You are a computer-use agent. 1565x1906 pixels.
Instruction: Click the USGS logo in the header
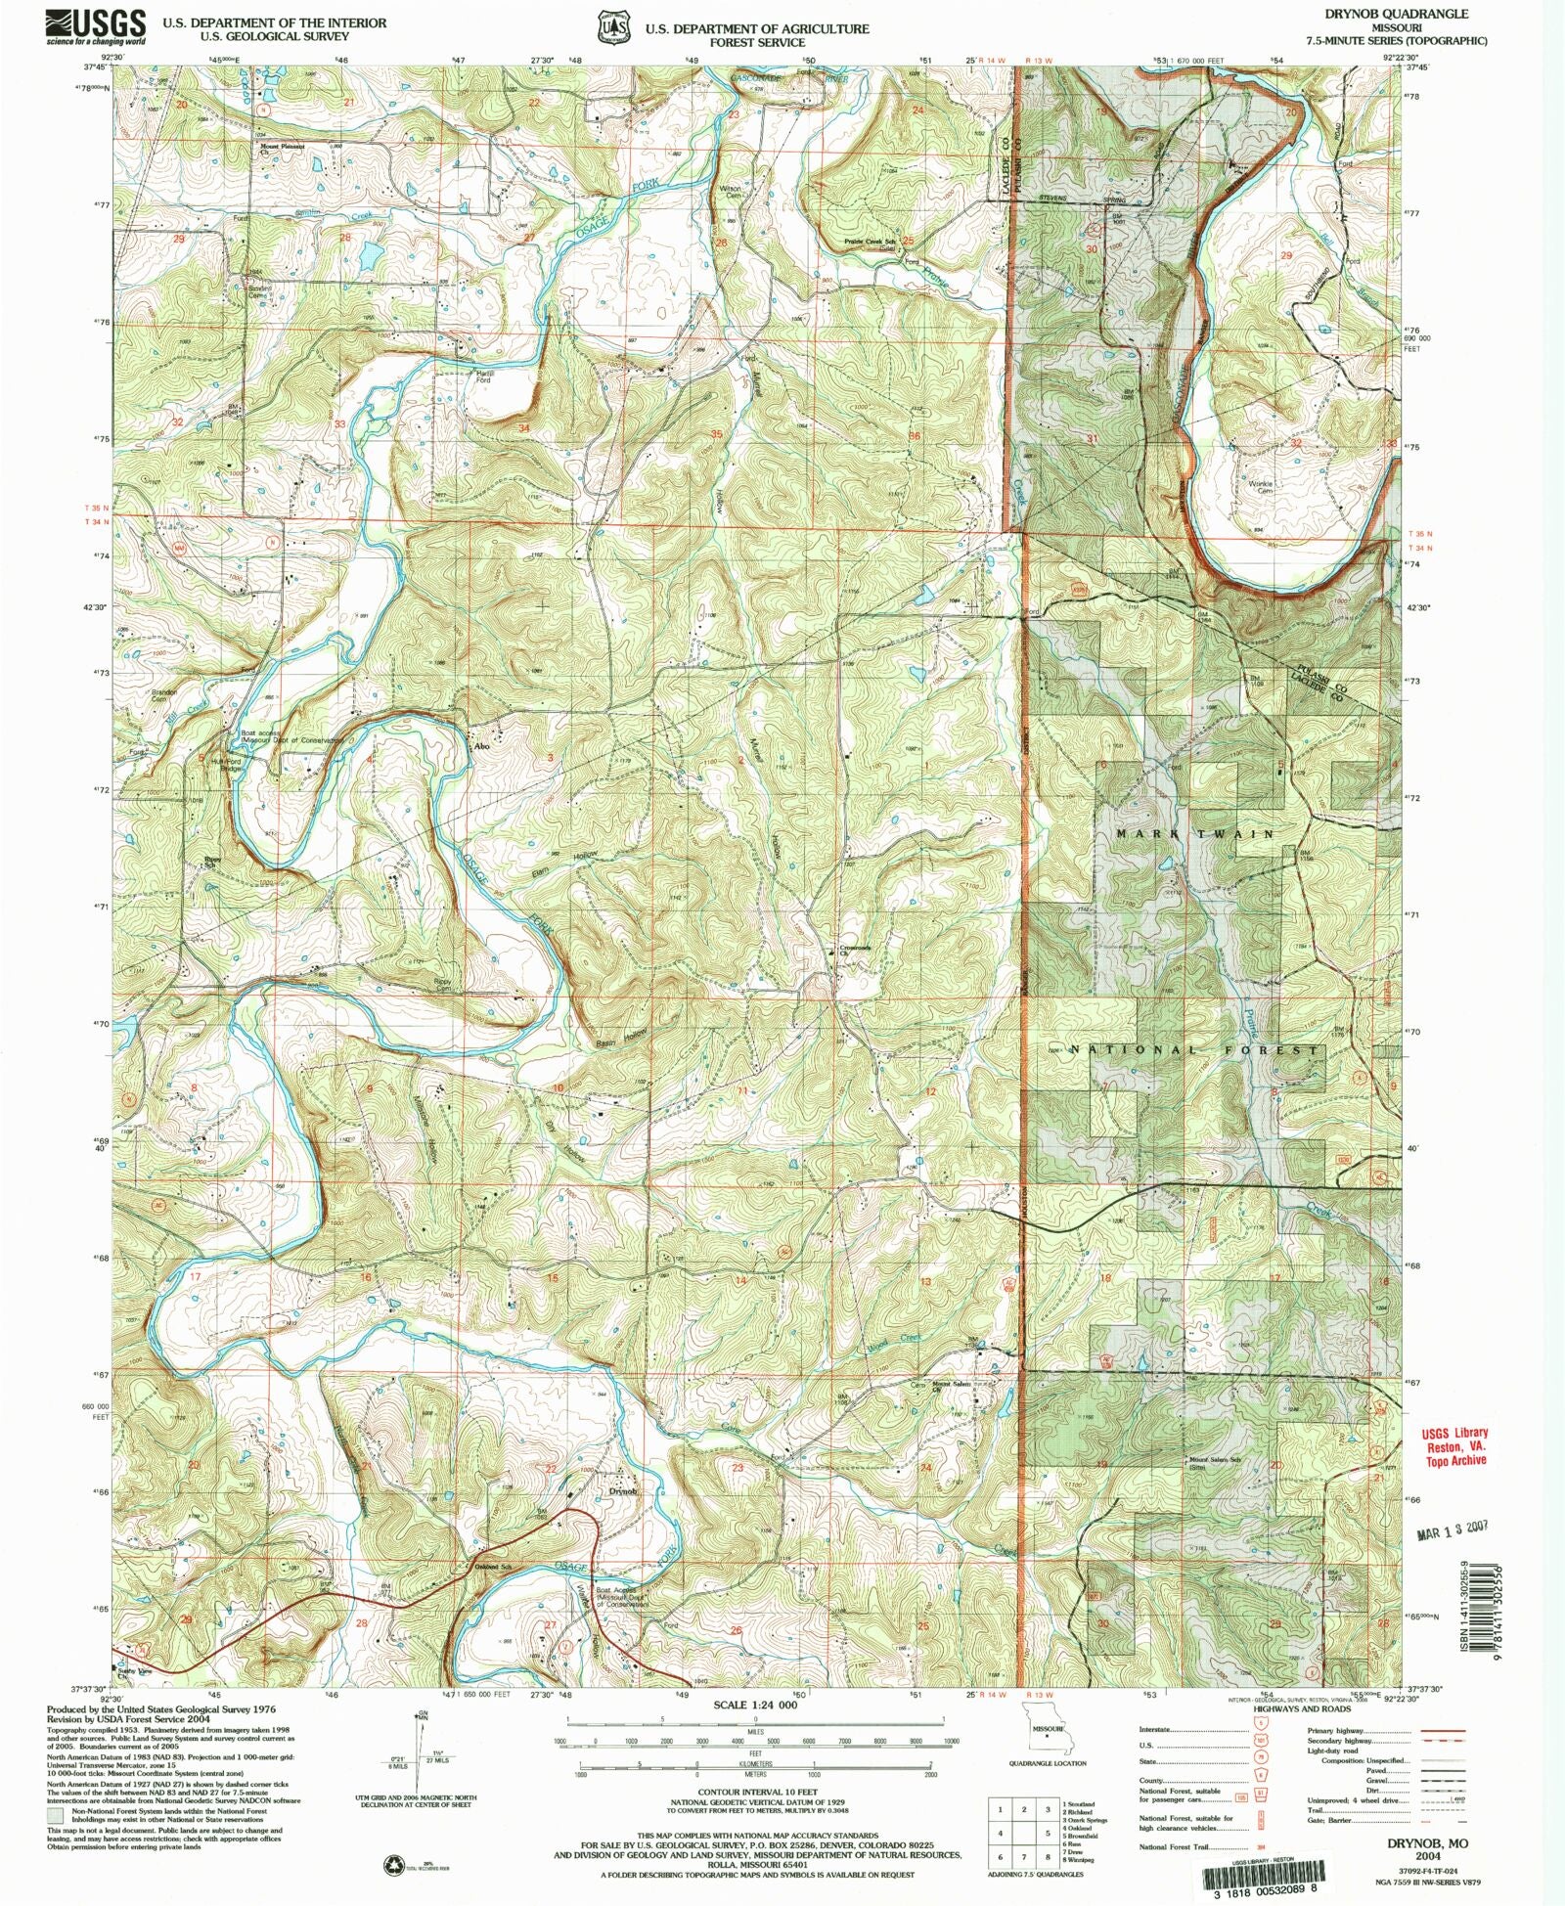pyautogui.click(x=95, y=26)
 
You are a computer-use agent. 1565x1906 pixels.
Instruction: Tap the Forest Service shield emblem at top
pyautogui.click(x=613, y=28)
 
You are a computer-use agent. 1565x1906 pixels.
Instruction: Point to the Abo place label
pyautogui.click(x=480, y=747)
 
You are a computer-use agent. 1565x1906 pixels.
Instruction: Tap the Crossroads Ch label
pyautogui.click(x=854, y=949)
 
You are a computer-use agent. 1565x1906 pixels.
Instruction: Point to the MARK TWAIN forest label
pyautogui.click(x=1195, y=834)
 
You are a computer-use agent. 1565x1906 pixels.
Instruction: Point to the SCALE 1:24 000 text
pyautogui.click(x=755, y=1705)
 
